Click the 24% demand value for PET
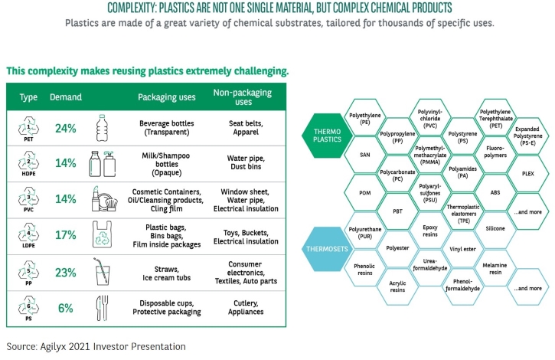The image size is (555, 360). (66, 128)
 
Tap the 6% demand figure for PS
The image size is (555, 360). (66, 308)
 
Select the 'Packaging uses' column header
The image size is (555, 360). (167, 97)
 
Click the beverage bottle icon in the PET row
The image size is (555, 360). (102, 128)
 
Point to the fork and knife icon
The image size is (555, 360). (103, 308)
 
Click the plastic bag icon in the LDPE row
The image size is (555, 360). (102, 234)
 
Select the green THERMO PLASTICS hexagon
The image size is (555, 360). (327, 136)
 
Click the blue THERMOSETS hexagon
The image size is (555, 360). (327, 249)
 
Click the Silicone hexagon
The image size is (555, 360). (495, 228)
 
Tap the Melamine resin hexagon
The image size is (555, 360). (495, 268)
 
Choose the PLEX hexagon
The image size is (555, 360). (527, 174)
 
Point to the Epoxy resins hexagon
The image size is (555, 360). (430, 231)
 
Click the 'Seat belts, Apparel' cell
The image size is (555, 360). (246, 128)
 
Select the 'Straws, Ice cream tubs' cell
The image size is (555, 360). (166, 273)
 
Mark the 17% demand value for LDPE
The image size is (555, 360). (66, 235)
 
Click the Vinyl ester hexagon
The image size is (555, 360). (462, 249)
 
